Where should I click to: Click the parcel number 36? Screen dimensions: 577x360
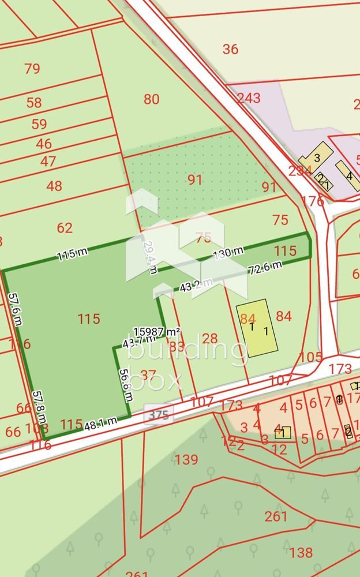point(230,49)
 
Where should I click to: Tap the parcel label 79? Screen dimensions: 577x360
point(32,69)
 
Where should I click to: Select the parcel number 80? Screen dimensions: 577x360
point(151,99)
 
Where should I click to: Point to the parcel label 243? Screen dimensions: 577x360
point(249,98)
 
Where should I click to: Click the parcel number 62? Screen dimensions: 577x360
point(65,228)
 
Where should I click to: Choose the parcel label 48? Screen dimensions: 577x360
point(54,186)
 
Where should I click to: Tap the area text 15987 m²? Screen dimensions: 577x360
point(156,332)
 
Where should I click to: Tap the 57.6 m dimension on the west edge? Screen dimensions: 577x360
point(15,309)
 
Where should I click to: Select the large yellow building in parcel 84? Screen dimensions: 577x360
point(257,328)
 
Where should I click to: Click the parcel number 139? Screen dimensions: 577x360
point(186,459)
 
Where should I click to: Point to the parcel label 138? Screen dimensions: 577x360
point(301,553)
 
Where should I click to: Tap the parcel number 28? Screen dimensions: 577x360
point(210,338)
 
